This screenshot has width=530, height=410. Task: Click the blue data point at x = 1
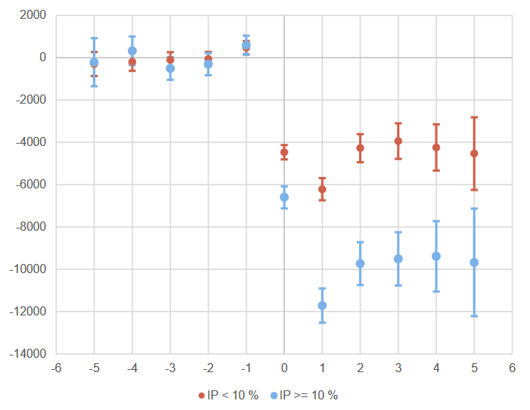point(322,306)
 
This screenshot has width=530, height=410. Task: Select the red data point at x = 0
point(284,152)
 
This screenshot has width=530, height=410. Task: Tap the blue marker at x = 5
point(474,262)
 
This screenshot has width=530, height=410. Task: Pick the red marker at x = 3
point(398,141)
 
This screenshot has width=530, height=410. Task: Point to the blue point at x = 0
point(284,197)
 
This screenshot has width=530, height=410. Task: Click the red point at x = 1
point(322,189)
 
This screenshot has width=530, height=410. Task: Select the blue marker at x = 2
point(360,263)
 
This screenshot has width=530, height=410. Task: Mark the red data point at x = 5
point(474,154)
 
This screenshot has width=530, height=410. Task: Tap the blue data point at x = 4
point(436,256)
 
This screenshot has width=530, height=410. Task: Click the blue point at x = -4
point(132,51)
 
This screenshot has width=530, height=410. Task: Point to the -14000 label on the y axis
point(29,354)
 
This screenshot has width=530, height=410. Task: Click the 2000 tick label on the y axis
point(33,15)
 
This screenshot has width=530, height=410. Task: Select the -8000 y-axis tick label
point(31,227)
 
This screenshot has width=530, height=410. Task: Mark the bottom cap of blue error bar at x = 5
point(474,315)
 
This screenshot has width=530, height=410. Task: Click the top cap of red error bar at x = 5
point(474,117)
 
